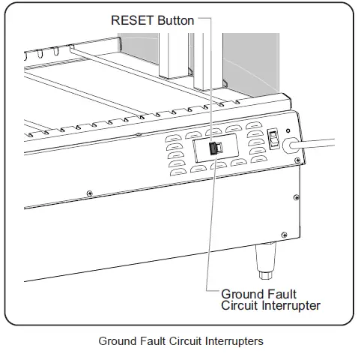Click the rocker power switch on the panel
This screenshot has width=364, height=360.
[x=275, y=139]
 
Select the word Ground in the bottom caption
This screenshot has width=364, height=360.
[x=117, y=341]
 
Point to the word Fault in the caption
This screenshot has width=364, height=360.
[x=151, y=341]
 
